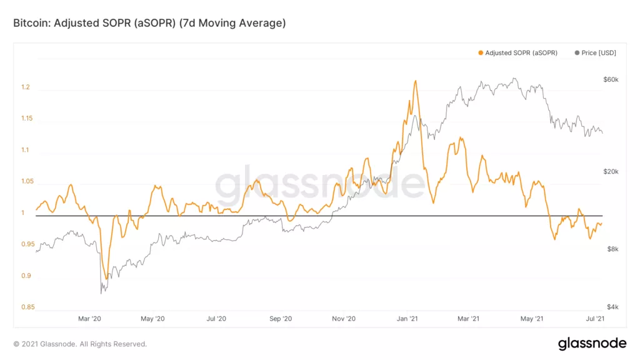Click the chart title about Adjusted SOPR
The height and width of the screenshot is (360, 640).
(149, 23)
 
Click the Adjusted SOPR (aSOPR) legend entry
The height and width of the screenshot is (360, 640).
(517, 53)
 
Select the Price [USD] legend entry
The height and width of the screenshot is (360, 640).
(595, 53)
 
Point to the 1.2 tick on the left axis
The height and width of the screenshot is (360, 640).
(25, 87)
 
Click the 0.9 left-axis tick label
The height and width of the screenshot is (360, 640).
(25, 276)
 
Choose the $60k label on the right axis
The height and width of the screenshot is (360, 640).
(611, 80)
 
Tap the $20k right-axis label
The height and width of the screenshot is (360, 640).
(611, 172)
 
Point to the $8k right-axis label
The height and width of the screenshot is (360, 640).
(612, 249)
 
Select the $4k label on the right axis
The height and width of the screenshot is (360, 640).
(612, 307)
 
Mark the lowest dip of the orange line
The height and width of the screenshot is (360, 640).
(107, 279)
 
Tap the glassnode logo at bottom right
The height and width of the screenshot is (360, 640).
(592, 343)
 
